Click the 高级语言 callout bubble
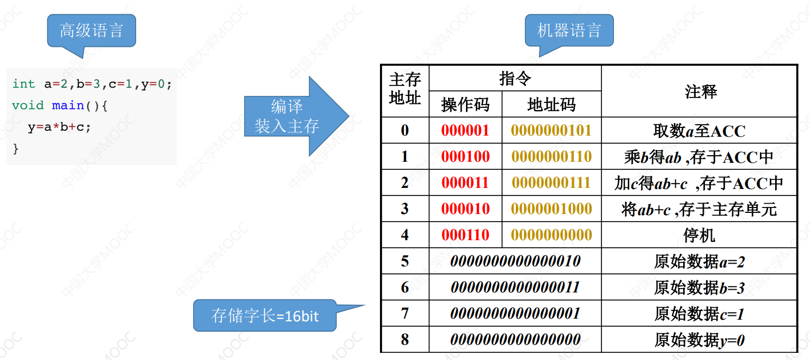tap(91, 30)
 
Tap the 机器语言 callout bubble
tap(569, 30)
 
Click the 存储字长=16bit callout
tap(265, 315)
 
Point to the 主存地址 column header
tap(405, 89)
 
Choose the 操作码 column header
tap(465, 104)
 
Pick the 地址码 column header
tap(551, 104)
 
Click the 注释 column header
tap(701, 91)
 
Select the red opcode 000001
tap(465, 131)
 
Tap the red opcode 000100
tap(465, 157)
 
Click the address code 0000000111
tap(551, 182)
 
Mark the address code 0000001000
tap(551, 209)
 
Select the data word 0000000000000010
tap(515, 261)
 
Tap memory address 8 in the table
tap(405, 339)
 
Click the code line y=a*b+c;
tap(59, 127)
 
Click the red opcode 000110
tap(465, 235)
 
